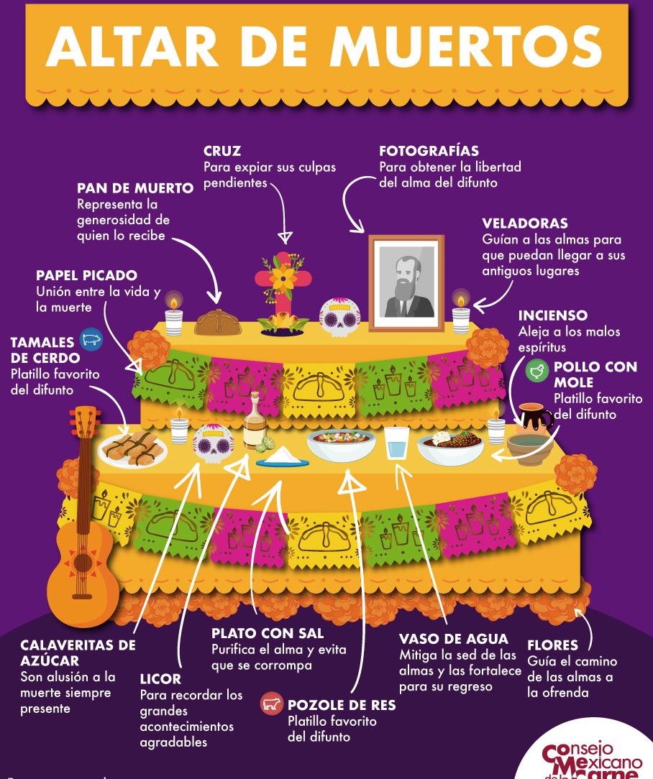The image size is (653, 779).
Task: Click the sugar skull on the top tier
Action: tap(337, 316)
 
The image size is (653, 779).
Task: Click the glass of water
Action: tap(396, 443)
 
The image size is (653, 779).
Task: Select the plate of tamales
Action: tap(132, 446)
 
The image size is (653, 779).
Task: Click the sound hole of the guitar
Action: tap(83, 561)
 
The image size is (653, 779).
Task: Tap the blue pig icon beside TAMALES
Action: tap(92, 338)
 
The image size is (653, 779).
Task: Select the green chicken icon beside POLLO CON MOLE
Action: tap(536, 371)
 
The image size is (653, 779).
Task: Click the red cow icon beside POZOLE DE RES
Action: tap(270, 705)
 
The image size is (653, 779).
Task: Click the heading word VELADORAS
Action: tap(524, 223)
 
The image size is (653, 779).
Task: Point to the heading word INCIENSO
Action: tap(552, 315)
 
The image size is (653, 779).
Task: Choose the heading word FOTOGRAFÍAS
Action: tap(429, 152)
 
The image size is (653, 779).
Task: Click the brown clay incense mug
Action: tap(534, 420)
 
